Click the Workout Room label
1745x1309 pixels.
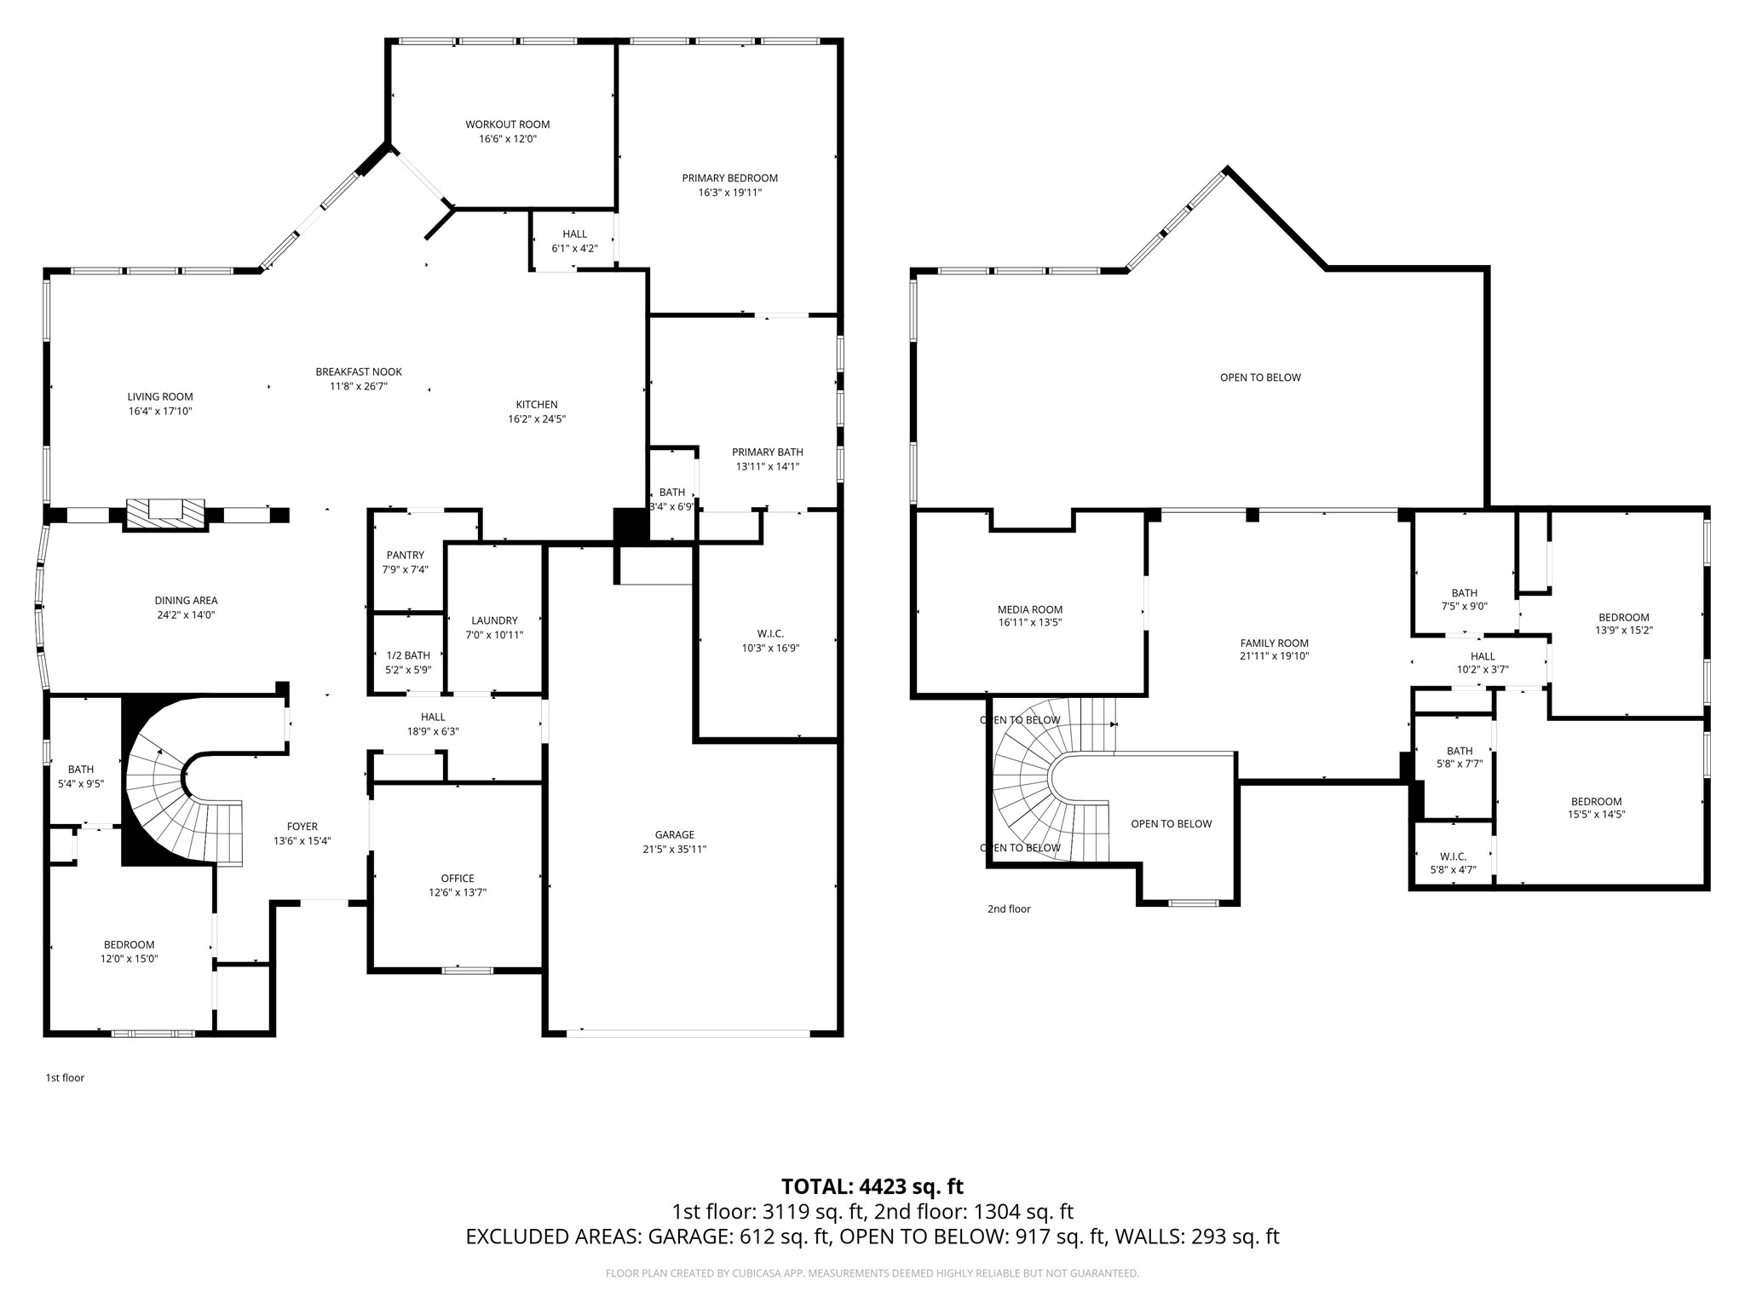(x=507, y=124)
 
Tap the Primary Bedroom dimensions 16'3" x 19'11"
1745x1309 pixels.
(x=729, y=193)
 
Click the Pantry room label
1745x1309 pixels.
(x=405, y=555)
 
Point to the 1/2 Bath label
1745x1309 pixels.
(x=408, y=655)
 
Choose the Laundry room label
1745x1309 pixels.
(x=494, y=620)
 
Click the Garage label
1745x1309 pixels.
(x=674, y=834)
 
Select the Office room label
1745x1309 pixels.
(x=458, y=878)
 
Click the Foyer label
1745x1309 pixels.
(x=302, y=826)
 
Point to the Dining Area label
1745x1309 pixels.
(x=186, y=600)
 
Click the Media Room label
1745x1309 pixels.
(x=1029, y=609)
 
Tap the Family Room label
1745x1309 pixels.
(x=1274, y=643)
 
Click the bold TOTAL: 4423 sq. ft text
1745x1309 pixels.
(x=872, y=1186)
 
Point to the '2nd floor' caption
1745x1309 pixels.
(x=1009, y=908)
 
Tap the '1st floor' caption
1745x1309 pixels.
(x=65, y=1077)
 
